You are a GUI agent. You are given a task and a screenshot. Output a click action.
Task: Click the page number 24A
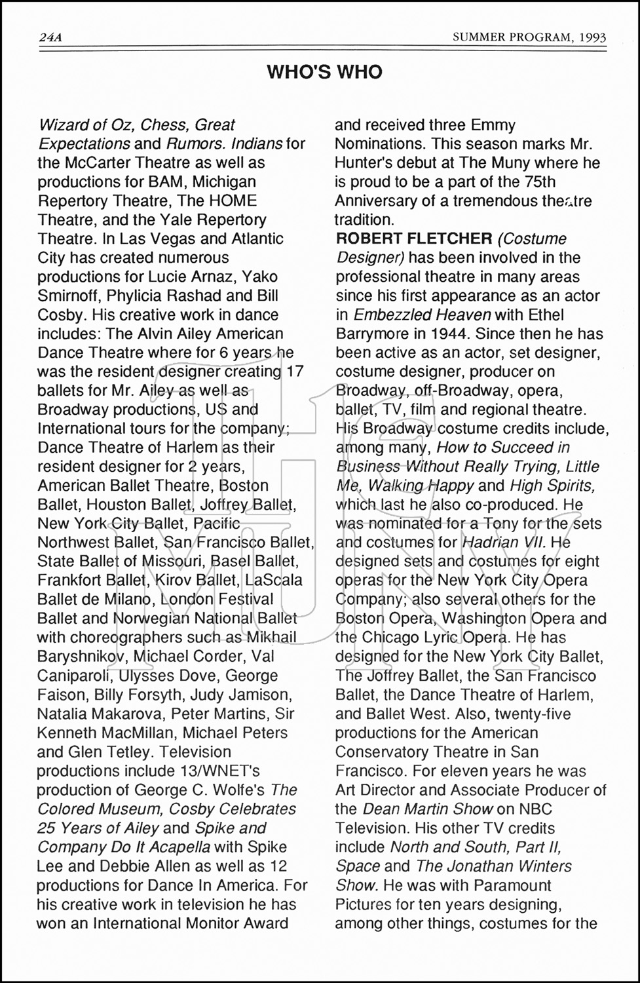pyautogui.click(x=50, y=38)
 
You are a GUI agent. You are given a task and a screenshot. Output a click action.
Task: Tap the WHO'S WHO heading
pyautogui.click(x=324, y=72)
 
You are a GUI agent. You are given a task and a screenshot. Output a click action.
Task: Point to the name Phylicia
pyautogui.click(x=139, y=296)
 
